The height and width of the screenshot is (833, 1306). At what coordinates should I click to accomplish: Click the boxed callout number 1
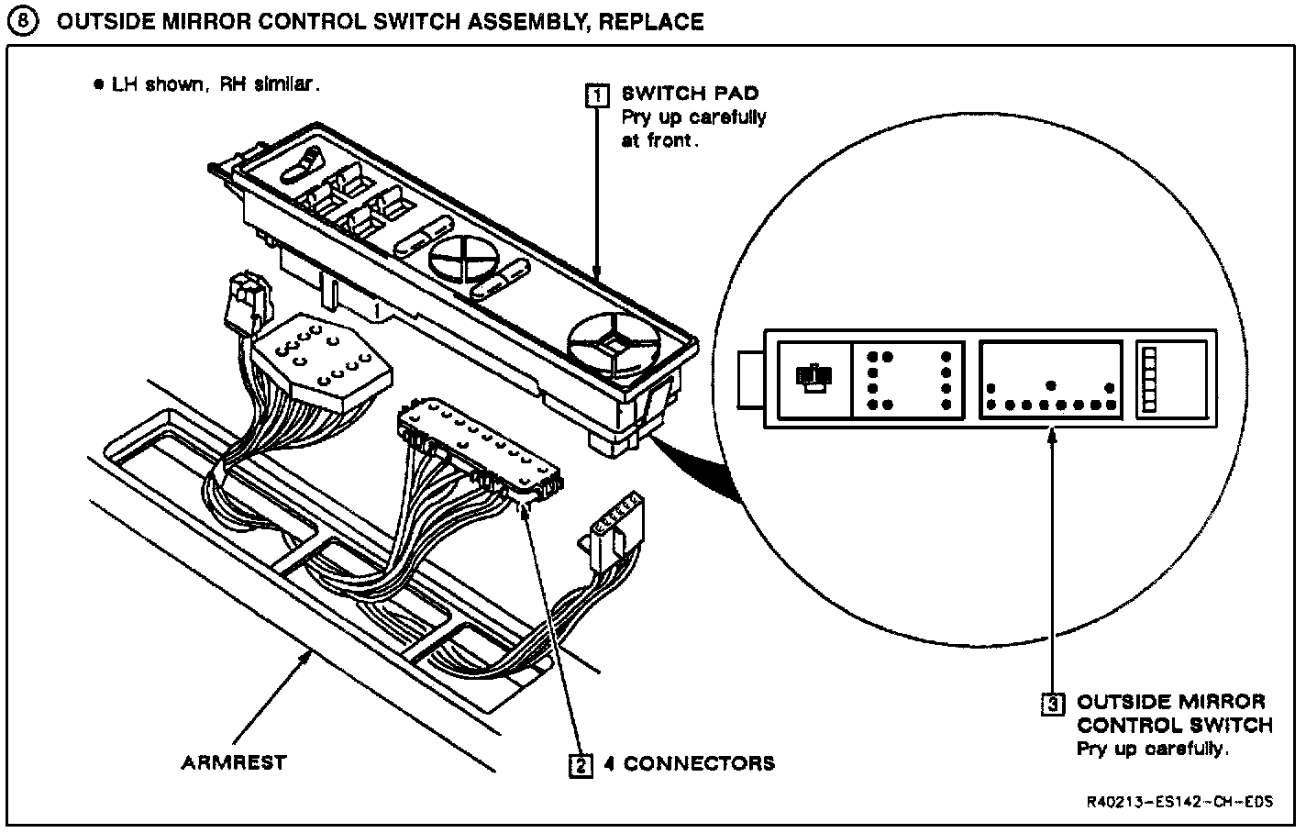click(x=597, y=94)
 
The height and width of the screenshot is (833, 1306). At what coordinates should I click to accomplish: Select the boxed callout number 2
click(x=580, y=763)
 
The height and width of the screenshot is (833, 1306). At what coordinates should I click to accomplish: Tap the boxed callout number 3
click(x=1053, y=704)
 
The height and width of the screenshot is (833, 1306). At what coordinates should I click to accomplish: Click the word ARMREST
click(x=233, y=762)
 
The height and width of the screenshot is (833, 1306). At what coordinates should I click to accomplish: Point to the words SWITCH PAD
click(x=690, y=94)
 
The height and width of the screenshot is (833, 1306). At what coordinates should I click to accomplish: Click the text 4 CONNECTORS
click(x=689, y=763)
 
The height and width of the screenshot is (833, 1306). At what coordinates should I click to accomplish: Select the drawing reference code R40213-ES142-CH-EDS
click(x=1180, y=801)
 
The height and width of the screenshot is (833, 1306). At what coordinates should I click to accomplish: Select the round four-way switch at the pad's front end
click(x=614, y=349)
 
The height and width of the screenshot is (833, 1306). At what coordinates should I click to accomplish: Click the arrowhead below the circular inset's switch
click(x=1053, y=439)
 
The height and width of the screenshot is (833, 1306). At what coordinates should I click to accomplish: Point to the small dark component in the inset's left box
click(x=813, y=377)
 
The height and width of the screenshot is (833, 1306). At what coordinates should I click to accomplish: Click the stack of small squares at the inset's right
click(x=1148, y=380)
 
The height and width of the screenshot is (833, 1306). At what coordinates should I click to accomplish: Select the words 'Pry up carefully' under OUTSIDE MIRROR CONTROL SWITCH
click(x=1151, y=749)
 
